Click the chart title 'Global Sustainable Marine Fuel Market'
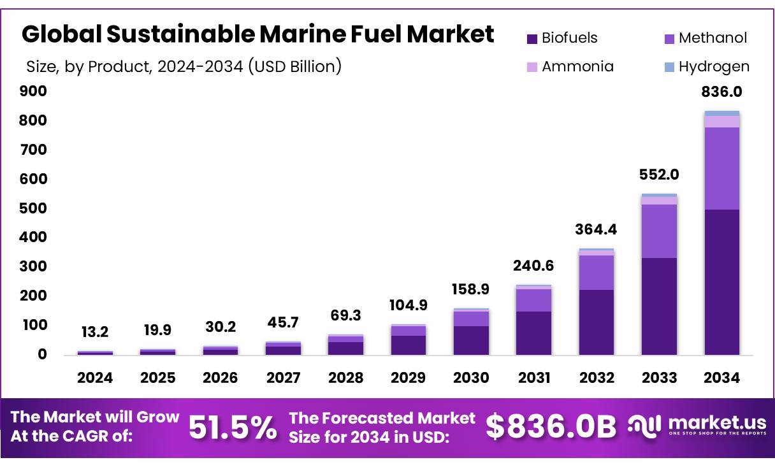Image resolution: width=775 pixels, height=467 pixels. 258,34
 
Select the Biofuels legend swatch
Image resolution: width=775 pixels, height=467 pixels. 532,38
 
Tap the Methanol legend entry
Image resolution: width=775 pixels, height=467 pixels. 705,38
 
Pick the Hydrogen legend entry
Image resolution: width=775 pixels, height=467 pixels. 706,66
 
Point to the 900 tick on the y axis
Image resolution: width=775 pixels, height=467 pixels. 36,91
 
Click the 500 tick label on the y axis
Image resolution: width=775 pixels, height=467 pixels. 36,208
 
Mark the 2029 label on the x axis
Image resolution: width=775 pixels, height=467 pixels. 408,378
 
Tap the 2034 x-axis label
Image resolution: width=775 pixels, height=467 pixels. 722,378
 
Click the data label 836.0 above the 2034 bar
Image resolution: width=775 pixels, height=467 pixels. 721,92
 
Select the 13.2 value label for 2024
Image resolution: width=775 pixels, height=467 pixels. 95,331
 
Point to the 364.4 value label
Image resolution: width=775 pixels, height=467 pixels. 597,229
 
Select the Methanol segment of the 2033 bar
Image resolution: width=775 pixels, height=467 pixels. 659,231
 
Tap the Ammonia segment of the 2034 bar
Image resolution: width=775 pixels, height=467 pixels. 722,122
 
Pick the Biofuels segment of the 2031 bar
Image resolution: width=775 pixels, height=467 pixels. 533,333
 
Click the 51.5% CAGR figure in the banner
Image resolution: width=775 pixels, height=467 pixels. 233,427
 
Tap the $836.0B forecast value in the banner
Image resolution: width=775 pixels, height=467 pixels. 551,427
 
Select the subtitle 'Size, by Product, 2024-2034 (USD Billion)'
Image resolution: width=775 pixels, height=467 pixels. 184,66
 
